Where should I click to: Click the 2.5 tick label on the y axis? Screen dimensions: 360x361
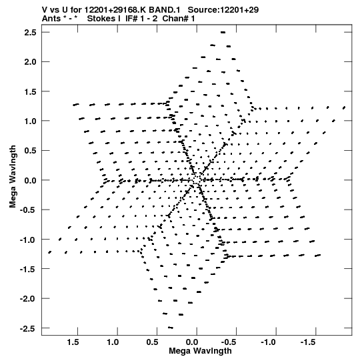pos(30,33)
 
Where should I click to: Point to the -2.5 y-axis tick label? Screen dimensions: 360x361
pos(28,328)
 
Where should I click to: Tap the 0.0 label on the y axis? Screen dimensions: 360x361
pos(30,180)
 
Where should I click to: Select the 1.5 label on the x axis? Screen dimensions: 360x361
pos(73,342)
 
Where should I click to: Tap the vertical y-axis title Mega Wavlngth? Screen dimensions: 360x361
pos(13,177)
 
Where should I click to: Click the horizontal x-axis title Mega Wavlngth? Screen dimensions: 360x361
pos(200,351)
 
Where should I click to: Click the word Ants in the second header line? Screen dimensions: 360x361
pos(51,19)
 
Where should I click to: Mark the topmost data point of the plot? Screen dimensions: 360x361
pos(223,33)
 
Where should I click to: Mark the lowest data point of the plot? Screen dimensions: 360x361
pos(171,328)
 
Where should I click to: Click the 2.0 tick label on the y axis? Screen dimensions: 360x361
pos(30,62)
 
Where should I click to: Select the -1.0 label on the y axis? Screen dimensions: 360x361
pos(28,240)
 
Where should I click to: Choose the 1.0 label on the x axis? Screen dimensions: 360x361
pos(113,342)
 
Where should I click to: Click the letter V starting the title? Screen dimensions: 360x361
pos(45,10)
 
